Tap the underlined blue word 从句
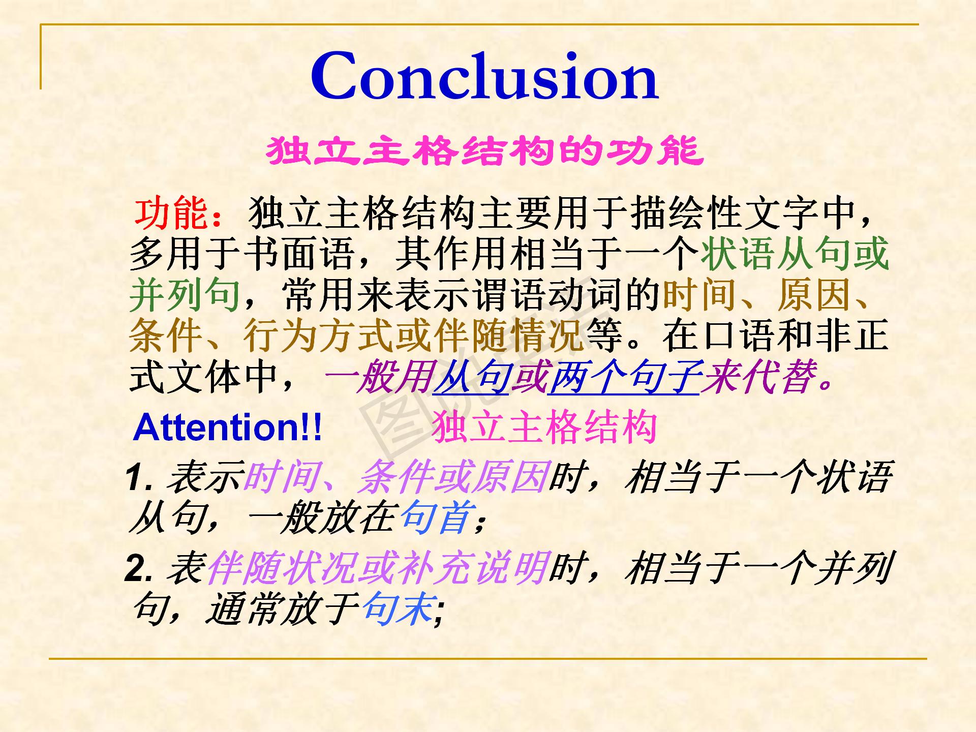(x=470, y=378)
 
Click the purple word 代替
(x=778, y=378)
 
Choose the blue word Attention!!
(x=227, y=428)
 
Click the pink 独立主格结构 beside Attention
(x=544, y=428)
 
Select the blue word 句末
(x=398, y=609)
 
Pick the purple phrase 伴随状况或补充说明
(x=378, y=568)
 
